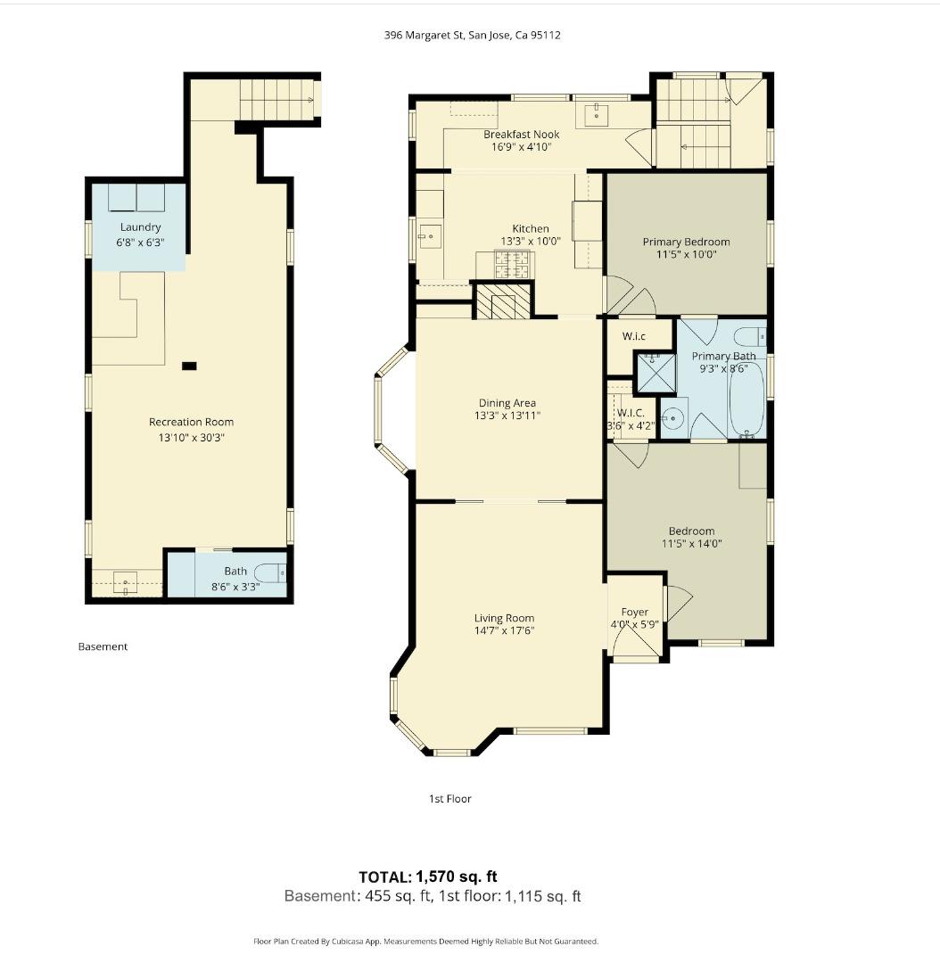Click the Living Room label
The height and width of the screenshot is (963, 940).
tap(504, 618)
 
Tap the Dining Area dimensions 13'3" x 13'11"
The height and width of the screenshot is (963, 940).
tap(507, 416)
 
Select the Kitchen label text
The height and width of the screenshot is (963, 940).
tap(530, 228)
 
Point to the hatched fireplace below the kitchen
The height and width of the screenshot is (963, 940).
tap(502, 301)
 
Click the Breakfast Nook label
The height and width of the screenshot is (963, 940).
tap(521, 134)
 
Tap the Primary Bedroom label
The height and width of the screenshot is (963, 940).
tap(686, 242)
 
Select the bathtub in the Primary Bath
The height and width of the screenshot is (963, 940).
tap(746, 398)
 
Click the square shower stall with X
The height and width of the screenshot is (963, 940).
tap(656, 373)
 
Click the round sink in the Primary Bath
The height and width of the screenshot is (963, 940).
tap(674, 417)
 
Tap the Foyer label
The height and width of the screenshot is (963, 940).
tap(635, 613)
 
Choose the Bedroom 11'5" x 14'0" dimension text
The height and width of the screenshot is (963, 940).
tap(691, 543)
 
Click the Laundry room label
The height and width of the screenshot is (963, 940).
tap(140, 227)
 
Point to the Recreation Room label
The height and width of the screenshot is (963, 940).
tap(191, 422)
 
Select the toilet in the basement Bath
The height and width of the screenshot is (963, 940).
tap(269, 572)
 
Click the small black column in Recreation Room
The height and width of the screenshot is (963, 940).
tap(189, 365)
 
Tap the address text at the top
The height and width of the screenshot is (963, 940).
tap(472, 36)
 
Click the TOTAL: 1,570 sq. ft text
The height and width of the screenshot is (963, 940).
tap(434, 877)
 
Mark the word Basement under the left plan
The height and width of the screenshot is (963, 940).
tap(103, 646)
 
